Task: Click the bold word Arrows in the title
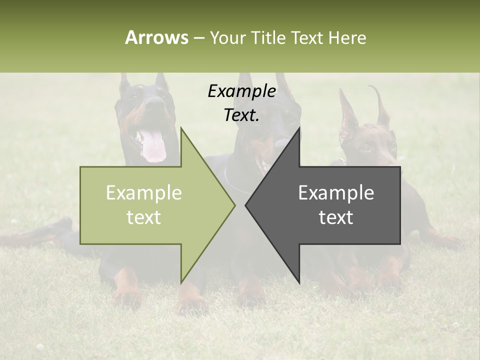156,38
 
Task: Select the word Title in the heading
268,38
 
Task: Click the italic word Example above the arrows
242,91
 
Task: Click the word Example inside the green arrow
144,193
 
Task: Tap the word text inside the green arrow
144,217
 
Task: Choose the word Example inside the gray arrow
336,193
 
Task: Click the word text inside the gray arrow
336,217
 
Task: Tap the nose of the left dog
155,103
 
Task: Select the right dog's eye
366,147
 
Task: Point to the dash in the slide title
199,38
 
